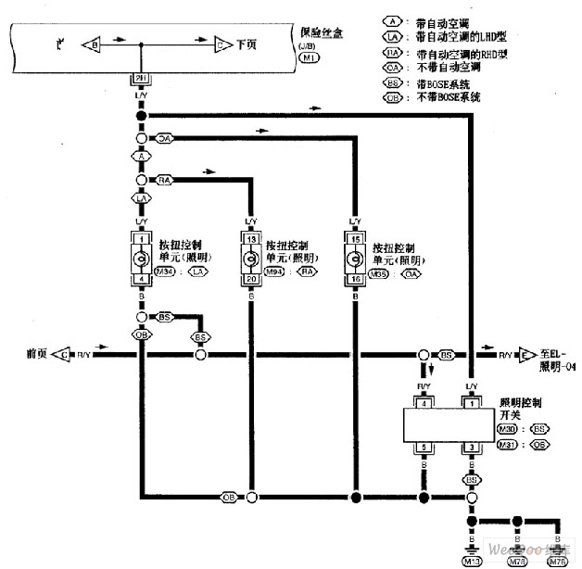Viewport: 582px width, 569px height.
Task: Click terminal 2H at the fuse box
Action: pyautogui.click(x=142, y=79)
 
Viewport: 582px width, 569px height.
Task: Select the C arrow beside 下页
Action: pyautogui.click(x=222, y=44)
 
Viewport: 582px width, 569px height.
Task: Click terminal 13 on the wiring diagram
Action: pyautogui.click(x=250, y=238)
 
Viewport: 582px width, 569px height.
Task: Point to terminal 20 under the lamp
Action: pyautogui.click(x=250, y=279)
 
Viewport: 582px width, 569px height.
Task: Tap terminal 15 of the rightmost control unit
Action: pyautogui.click(x=352, y=238)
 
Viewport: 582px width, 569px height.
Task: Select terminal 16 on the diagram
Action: pyautogui.click(x=352, y=278)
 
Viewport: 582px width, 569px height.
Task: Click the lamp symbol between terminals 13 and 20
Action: pyautogui.click(x=250, y=259)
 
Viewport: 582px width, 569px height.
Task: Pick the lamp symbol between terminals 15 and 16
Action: pyautogui.click(x=352, y=258)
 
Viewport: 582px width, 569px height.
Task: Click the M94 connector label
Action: pyautogui.click(x=275, y=272)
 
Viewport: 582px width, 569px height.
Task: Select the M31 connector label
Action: pyautogui.click(x=507, y=444)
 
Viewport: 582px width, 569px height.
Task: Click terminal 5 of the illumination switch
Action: pyautogui.click(x=424, y=449)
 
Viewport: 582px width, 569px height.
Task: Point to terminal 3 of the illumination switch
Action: pyautogui.click(x=471, y=449)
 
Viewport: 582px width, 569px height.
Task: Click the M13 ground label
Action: pyautogui.click(x=473, y=560)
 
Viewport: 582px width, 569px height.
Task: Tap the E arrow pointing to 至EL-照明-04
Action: pyautogui.click(x=526, y=355)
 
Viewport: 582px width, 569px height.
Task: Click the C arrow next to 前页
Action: pyautogui.click(x=63, y=355)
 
